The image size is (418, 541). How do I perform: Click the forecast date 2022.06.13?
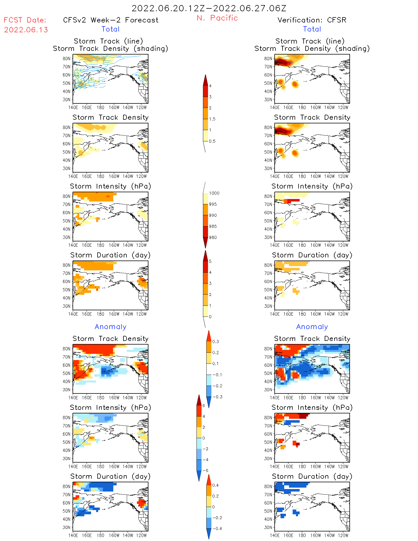coord(26,30)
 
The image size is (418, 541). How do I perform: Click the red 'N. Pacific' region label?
coord(217,18)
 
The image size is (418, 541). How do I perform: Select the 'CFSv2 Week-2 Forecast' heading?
coord(111,20)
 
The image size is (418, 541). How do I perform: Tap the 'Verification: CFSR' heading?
coord(312,20)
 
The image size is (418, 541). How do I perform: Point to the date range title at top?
coord(209,8)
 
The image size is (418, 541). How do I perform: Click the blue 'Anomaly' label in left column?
coord(110,327)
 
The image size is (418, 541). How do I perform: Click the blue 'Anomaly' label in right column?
coord(312,327)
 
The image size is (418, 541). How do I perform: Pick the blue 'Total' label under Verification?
coord(312,29)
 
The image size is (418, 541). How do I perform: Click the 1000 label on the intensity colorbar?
coord(214,193)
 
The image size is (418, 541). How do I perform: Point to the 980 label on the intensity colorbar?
coord(213,237)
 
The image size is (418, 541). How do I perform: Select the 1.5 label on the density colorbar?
coord(212,119)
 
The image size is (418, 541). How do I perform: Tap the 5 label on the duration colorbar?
coord(210,261)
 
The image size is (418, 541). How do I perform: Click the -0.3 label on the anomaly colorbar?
coord(217,397)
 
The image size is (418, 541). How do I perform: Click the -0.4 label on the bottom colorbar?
coord(217,528)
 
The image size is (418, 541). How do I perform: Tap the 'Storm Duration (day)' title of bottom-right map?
coord(312,476)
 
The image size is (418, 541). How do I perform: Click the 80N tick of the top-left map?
coord(67,58)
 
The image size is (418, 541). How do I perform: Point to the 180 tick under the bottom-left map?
coord(100,535)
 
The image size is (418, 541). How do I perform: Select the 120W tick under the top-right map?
coord(343,107)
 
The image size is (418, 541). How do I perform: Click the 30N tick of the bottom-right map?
coord(268,527)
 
